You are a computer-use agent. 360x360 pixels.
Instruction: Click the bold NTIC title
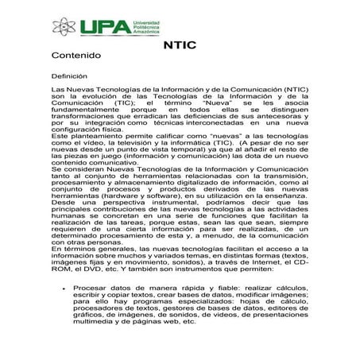(178, 46)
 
